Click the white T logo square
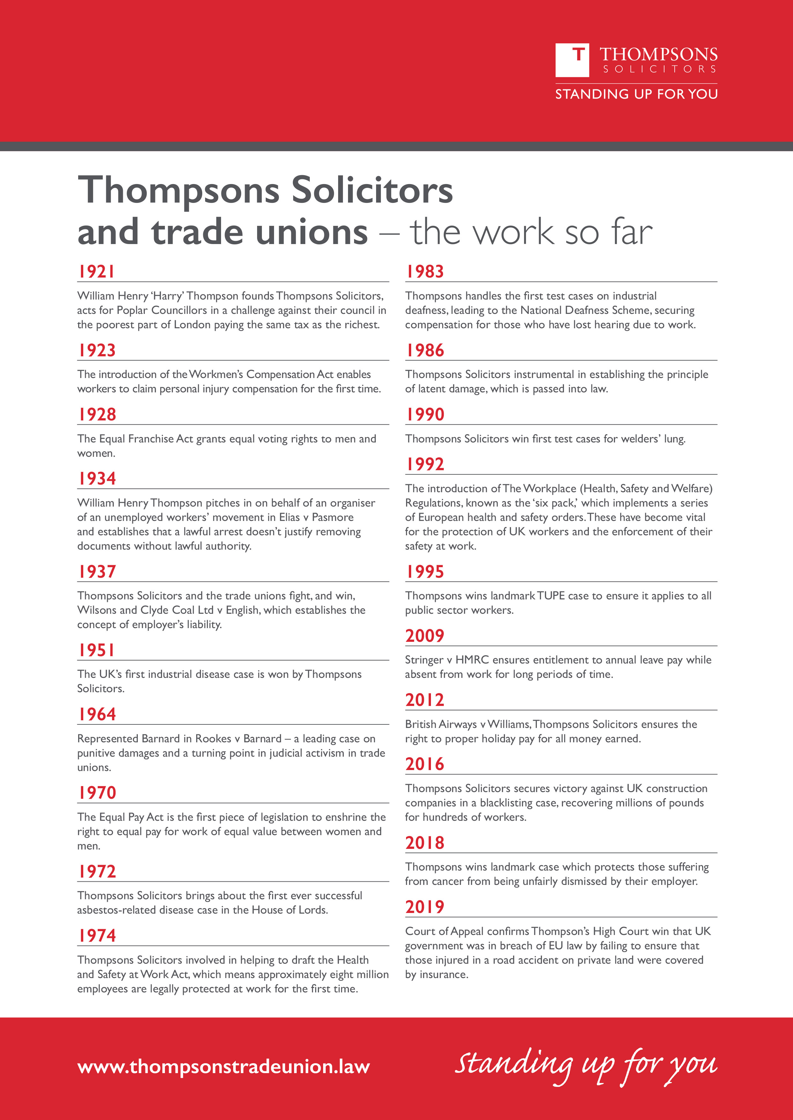point(572,60)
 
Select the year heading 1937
point(97,571)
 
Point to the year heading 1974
point(97,935)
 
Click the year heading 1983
point(425,271)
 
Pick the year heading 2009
point(425,636)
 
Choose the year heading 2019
point(425,907)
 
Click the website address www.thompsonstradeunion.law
point(223,1066)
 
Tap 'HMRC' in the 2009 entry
point(472,660)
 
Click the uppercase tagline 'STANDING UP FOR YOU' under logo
point(636,94)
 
